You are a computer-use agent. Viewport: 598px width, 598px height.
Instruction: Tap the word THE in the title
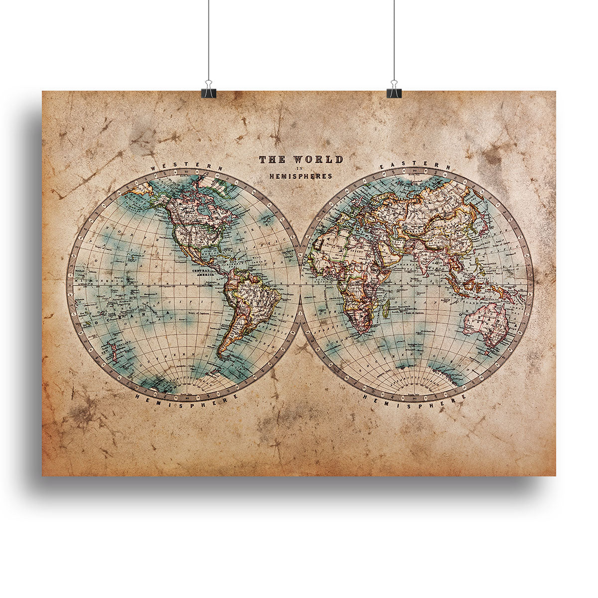[x=272, y=160]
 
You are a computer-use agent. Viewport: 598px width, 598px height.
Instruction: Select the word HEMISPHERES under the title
[x=300, y=176]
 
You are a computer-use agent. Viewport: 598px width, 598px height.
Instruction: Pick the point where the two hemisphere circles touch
[x=300, y=285]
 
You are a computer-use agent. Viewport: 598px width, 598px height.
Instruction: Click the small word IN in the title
[x=300, y=168]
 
